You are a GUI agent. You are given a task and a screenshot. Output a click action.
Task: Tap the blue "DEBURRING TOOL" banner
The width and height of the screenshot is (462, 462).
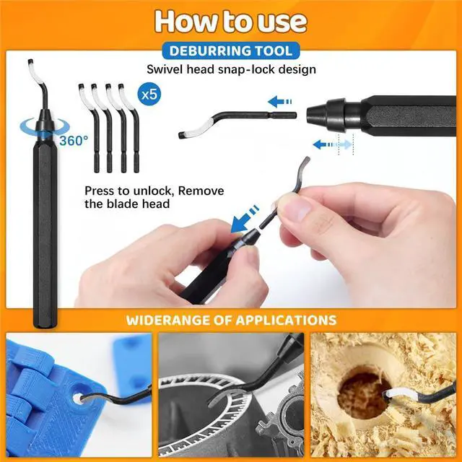pos(231,51)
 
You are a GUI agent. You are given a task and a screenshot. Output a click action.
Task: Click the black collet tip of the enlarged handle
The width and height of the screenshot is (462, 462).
pos(324,112)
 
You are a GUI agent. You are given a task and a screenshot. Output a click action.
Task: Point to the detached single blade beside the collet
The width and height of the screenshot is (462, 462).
pos(231,122)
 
